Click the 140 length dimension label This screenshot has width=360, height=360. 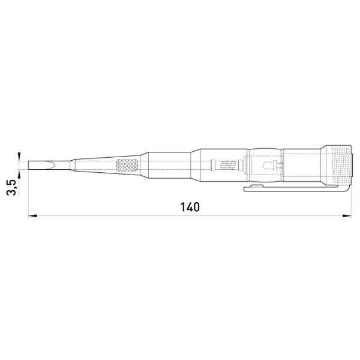pos(190,207)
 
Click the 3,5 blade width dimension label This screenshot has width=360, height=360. pos(11,187)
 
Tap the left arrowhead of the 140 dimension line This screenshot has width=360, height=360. pos(32,215)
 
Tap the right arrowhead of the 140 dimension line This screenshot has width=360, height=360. pos(347,215)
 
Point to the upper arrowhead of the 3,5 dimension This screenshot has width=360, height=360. pos(19,157)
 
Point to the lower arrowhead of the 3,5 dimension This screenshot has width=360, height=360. pos(19,174)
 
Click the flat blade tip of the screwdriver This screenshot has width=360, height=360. pos(29,166)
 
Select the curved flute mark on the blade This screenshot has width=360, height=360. pos(52,166)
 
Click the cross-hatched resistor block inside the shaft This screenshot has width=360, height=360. pos(127,166)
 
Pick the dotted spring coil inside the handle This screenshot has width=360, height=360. pos(228,166)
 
